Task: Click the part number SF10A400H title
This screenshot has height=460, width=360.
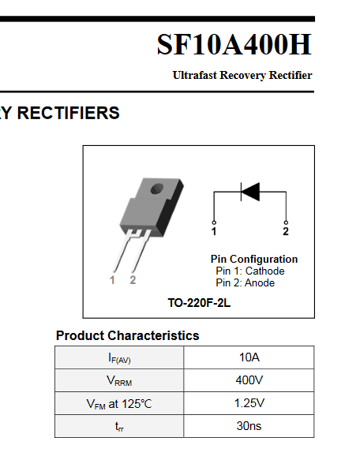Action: [234, 44]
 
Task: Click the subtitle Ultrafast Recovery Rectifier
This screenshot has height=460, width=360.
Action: [242, 76]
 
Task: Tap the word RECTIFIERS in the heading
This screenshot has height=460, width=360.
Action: [69, 113]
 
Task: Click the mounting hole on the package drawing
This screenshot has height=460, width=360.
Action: [157, 189]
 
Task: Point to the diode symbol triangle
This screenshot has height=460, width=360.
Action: [250, 192]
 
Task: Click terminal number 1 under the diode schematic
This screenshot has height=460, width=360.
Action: [214, 231]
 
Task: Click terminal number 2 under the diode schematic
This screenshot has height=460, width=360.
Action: [286, 231]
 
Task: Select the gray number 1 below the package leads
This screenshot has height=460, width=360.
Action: [112, 280]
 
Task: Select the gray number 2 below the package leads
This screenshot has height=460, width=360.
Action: [133, 280]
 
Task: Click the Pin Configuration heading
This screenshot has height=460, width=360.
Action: [254, 260]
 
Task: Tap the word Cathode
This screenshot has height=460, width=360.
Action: [264, 271]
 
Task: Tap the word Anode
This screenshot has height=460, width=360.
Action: [260, 283]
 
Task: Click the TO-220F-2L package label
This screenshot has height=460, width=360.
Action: [199, 303]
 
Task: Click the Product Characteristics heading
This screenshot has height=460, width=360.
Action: [127, 335]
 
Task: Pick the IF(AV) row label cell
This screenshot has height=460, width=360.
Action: [119, 357]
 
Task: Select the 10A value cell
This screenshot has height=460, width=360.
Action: [249, 357]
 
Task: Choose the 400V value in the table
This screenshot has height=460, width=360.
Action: [249, 380]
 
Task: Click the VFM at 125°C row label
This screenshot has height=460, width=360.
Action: [119, 404]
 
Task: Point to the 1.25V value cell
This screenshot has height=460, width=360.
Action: [249, 403]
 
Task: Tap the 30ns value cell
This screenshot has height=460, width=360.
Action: [249, 426]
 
